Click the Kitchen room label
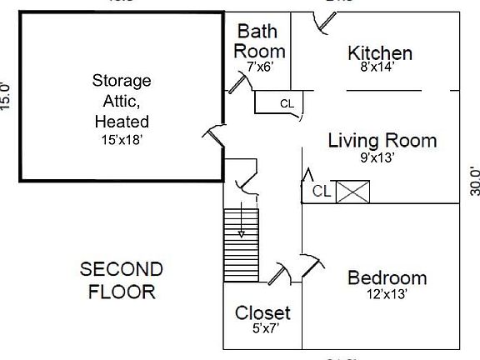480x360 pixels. point(380,53)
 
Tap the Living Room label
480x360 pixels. point(382,140)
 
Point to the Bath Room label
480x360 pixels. point(258,41)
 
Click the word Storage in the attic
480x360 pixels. point(122,81)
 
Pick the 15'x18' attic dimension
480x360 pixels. point(122,140)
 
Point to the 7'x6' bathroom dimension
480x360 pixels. point(258,64)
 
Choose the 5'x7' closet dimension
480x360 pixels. point(262,327)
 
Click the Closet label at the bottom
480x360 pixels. point(262,313)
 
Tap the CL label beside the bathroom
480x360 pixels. point(287,104)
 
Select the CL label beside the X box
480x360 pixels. point(322,192)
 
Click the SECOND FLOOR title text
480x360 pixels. point(122,281)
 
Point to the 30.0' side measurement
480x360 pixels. point(474,181)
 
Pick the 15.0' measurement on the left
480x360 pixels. point(7,96)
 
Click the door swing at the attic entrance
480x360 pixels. point(212,134)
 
